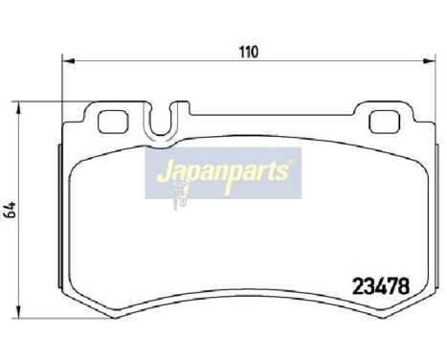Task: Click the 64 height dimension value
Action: point(12,210)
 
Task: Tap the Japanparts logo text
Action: point(224,173)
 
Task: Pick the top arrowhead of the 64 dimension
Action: point(25,101)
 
